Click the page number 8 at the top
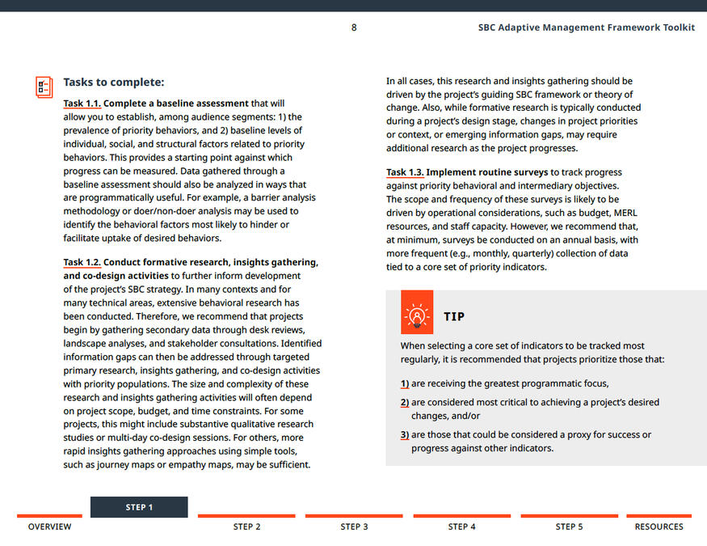(x=354, y=28)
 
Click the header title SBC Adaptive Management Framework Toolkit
(x=586, y=28)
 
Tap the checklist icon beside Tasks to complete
(x=44, y=87)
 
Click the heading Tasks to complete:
(x=113, y=82)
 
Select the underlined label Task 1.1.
(x=82, y=104)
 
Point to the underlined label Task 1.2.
(x=82, y=263)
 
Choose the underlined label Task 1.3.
(x=405, y=172)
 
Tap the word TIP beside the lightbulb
(x=454, y=317)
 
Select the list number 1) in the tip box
(x=405, y=383)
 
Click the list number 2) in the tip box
(x=405, y=402)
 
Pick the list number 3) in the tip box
(x=405, y=434)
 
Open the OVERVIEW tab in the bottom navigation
(x=49, y=527)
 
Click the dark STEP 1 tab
(x=139, y=507)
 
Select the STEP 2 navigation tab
(x=246, y=527)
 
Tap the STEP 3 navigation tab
(x=354, y=527)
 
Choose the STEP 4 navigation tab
(x=461, y=527)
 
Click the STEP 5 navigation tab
(x=569, y=527)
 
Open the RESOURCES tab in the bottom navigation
(x=659, y=527)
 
